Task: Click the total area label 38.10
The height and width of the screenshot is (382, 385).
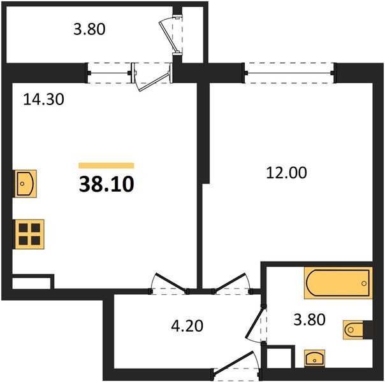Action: coord(106,185)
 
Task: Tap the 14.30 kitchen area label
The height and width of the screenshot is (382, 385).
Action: coord(44,99)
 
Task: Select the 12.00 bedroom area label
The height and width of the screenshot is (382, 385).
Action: coord(287,173)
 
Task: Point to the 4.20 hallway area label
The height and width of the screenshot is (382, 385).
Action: coord(187,326)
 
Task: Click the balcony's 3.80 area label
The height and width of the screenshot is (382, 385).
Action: coord(89,29)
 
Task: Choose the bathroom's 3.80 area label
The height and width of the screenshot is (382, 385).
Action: coord(309,320)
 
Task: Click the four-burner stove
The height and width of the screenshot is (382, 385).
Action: coord(29,234)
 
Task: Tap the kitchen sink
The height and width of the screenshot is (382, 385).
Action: coord(25,183)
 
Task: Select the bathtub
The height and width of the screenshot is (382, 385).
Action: coord(338,283)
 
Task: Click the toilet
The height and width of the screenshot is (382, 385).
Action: coord(353,330)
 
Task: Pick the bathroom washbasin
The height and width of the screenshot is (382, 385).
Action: coord(314,358)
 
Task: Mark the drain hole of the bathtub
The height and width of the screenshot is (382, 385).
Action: coord(364,283)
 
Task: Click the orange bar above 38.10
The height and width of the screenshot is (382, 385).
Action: coord(106,166)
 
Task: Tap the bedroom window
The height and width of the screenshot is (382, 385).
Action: coord(289,73)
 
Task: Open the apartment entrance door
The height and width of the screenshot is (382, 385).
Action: coord(235,365)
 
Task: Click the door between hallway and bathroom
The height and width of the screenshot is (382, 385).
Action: coord(256,324)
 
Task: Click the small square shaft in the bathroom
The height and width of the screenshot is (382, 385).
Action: coord(279,357)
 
